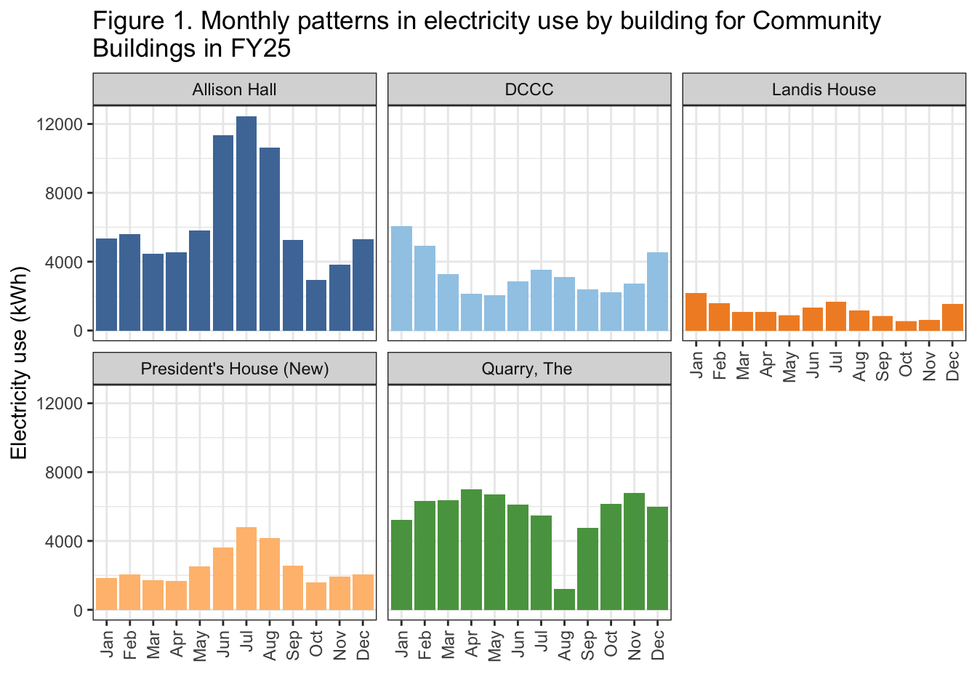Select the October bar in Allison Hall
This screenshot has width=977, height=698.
click(316, 305)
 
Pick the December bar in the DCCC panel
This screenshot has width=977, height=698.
click(657, 292)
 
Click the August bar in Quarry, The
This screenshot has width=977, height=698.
click(564, 600)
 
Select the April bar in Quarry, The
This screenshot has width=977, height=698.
click(471, 550)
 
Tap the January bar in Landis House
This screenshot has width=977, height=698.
click(696, 312)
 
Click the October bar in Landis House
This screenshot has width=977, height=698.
click(906, 326)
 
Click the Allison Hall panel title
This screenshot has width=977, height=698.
click(234, 89)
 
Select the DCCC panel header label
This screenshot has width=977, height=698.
click(528, 89)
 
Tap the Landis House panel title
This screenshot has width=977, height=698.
click(824, 89)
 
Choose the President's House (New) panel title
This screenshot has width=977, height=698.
click(234, 369)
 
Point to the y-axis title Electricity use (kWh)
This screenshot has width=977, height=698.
click(19, 363)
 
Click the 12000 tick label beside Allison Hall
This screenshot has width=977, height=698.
click(65, 124)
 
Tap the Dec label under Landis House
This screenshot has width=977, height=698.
click(953, 364)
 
